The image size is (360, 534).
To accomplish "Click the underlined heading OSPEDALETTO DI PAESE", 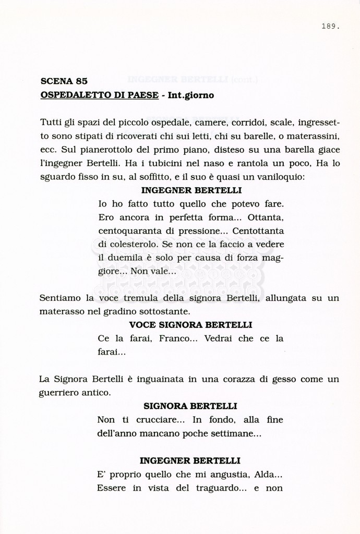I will pos(96,95).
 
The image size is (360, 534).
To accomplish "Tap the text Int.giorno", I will pos(190,95).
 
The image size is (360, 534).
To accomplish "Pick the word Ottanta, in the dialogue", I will pos(266,217).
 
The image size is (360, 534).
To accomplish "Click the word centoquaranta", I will pos(129,230).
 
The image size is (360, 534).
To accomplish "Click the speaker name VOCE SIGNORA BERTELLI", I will pos(190,325).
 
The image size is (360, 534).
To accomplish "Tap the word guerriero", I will pos(60,393).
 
